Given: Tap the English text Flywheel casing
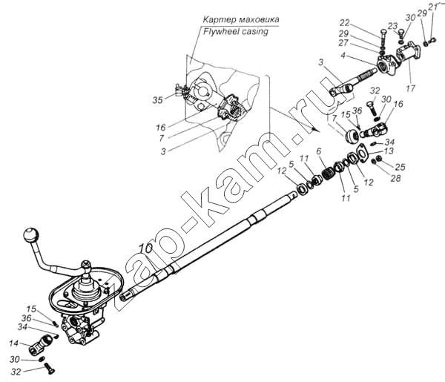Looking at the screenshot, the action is coord(236,31).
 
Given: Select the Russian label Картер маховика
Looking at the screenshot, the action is coord(241,19).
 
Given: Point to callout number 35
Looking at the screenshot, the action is coord(158,100).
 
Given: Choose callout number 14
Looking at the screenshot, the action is coord(13,343).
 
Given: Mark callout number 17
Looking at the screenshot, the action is coord(410,88).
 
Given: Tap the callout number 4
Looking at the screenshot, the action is coord(343,56).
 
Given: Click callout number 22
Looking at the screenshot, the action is coord(345,22).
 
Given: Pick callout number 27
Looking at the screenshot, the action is coord(343,43).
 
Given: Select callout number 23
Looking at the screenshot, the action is coord(393,26).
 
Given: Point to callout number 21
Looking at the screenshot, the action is coord(433,7).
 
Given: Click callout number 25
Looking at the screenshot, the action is coord(400,167).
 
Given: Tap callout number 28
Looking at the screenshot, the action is coord(395,178).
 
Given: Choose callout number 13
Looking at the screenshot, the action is coord(389,151).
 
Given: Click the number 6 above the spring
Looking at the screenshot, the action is coord(319,151).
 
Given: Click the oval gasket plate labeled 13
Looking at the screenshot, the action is coord(363,154).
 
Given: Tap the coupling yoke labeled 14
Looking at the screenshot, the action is coord(41,344).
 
